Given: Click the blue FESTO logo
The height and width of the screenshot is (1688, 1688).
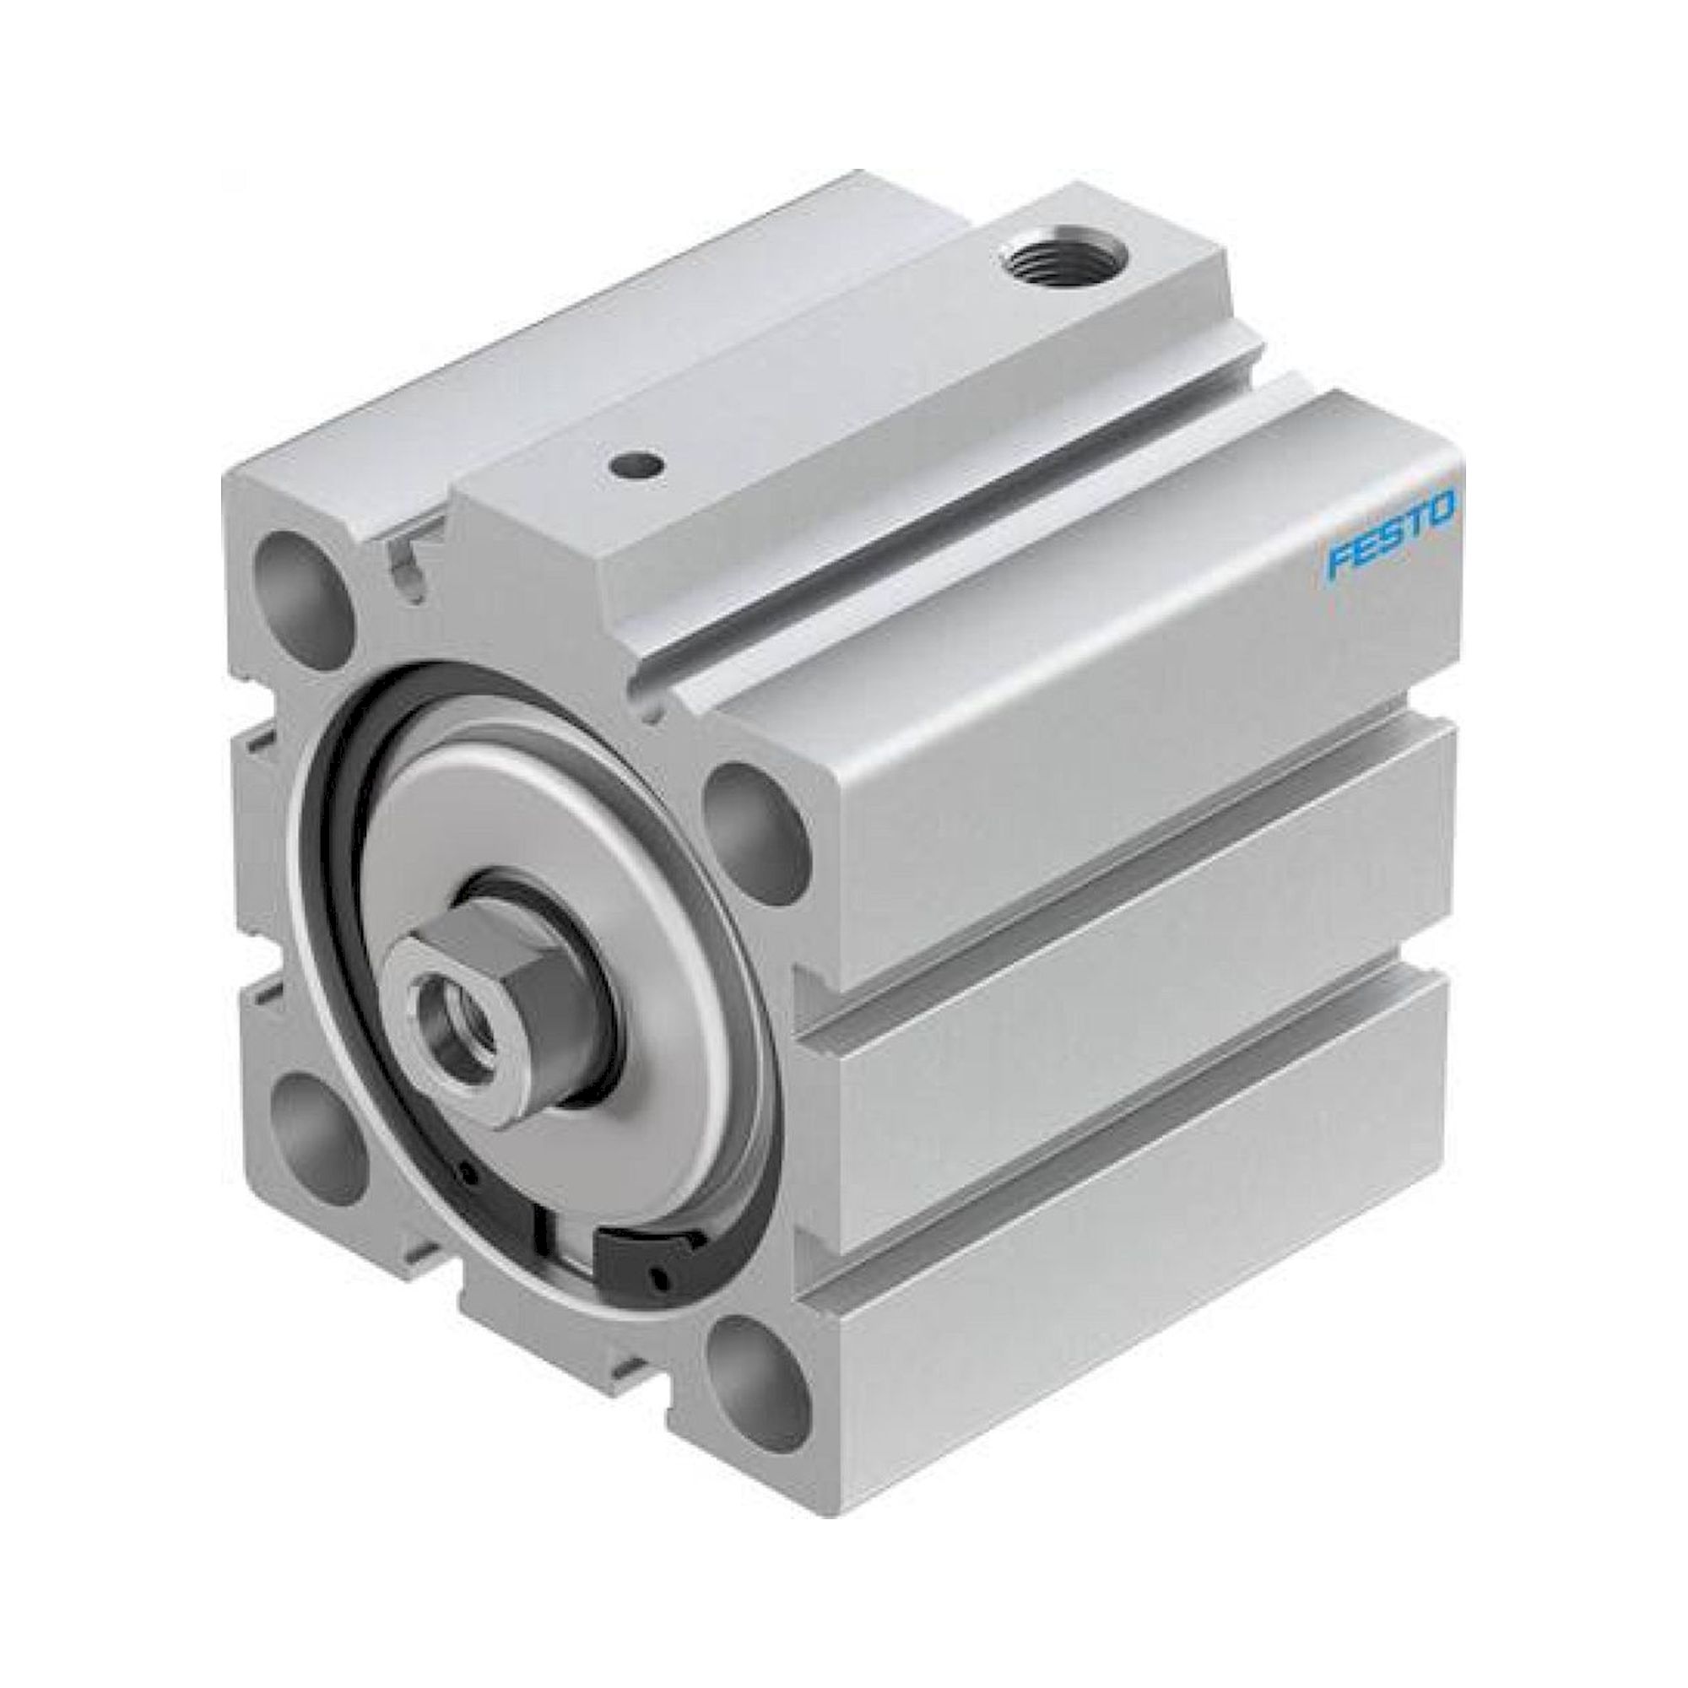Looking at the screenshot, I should pyautogui.click(x=1390, y=535).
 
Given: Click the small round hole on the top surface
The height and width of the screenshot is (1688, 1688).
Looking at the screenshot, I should pyautogui.click(x=635, y=467).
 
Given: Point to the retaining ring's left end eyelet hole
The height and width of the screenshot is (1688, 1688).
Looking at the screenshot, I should pyautogui.click(x=469, y=1175).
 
